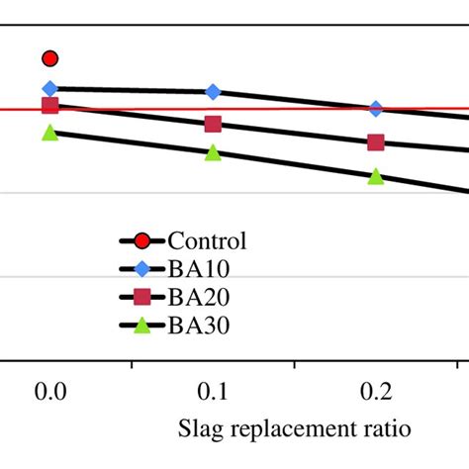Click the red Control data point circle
click(50, 59)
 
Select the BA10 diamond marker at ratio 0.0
click(50, 89)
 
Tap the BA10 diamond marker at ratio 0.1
click(213, 92)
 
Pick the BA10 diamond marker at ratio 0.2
click(376, 109)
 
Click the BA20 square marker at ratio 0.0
click(50, 106)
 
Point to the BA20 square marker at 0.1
click(213, 124)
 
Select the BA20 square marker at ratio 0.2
click(376, 142)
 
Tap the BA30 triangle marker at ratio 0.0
click(50, 133)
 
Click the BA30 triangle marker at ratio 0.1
click(213, 153)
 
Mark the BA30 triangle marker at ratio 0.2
click(376, 176)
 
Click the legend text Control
click(207, 240)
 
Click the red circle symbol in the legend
click(142, 240)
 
